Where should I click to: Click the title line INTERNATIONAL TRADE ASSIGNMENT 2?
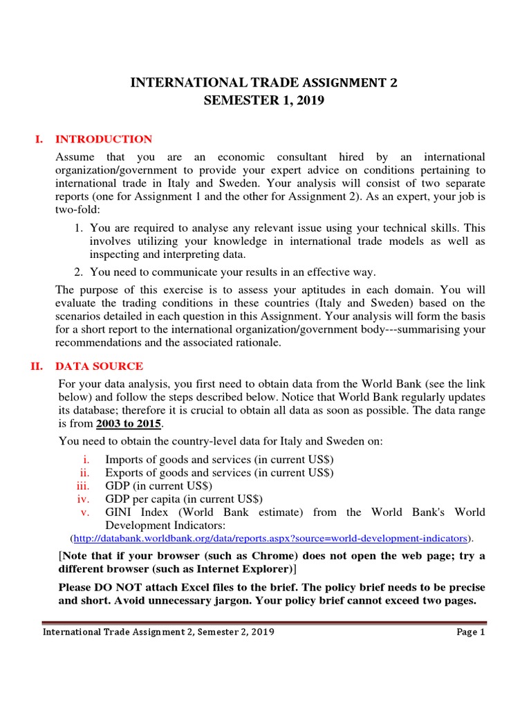(265, 84)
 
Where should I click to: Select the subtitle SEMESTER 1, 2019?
(264, 101)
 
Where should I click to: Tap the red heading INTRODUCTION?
(104, 139)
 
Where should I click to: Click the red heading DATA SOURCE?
(100, 366)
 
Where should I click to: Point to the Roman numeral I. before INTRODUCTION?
(39, 139)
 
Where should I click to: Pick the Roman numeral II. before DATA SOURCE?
(37, 366)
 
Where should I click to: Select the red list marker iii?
(83, 485)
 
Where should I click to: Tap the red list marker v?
(86, 512)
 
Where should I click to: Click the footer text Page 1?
(471, 632)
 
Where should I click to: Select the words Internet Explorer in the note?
(250, 569)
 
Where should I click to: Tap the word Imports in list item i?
(124, 459)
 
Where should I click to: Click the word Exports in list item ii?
(123, 472)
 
